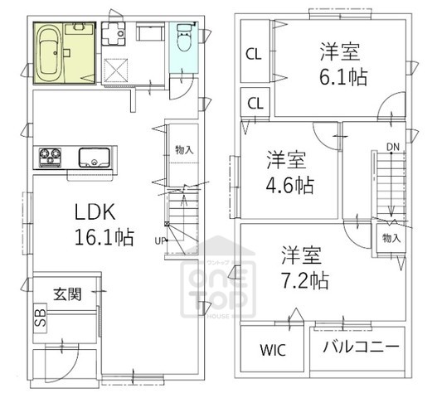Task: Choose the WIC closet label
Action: tap(273, 349)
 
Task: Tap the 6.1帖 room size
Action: tap(343, 76)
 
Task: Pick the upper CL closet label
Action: tap(254, 55)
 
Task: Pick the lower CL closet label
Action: tap(255, 104)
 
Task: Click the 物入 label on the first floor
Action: tap(184, 150)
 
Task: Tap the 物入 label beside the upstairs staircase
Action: tap(392, 237)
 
